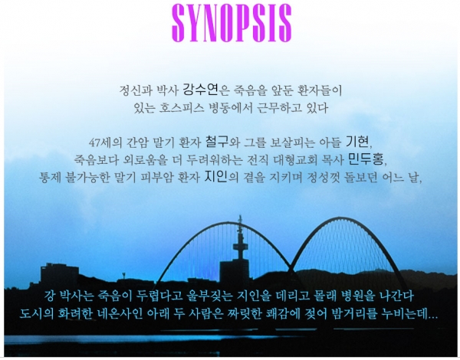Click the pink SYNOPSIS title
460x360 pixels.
pyautogui.click(x=232, y=23)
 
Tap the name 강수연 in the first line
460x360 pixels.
pyautogui.click(x=201, y=90)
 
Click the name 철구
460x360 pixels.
pyautogui.click(x=217, y=142)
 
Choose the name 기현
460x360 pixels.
pyautogui.click(x=357, y=142)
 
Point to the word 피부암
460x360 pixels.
pyautogui.click(x=156, y=178)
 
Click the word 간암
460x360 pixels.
pyautogui.click(x=137, y=142)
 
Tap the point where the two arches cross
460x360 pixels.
pyautogui.click(x=291, y=263)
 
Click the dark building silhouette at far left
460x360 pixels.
pyautogui.click(x=60, y=274)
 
